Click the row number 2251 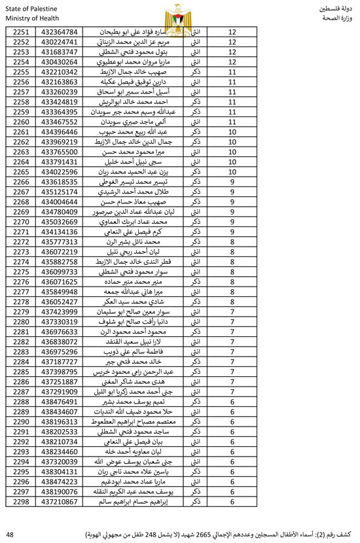point(22,31)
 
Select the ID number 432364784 point(60,31)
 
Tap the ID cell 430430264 point(60,62)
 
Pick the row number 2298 point(22,502)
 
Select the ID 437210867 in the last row point(60,502)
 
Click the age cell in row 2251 point(232,31)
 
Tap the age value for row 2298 point(232,502)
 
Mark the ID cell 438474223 point(60,482)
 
